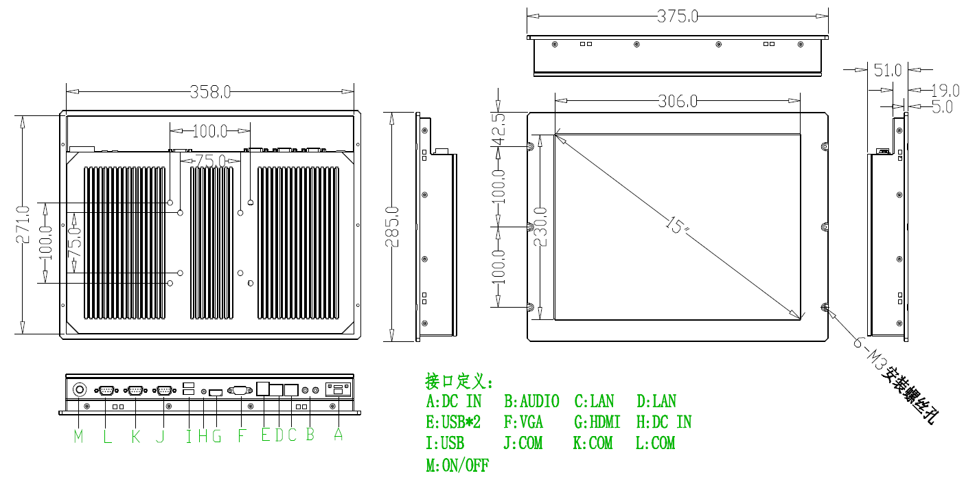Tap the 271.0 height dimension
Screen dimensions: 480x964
(x=22, y=225)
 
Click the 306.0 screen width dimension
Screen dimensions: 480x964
(x=677, y=102)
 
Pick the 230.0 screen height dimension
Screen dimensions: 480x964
(x=540, y=227)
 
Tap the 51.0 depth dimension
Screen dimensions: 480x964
(x=887, y=70)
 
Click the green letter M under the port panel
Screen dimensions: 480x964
(x=78, y=436)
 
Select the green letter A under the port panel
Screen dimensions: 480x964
(x=338, y=434)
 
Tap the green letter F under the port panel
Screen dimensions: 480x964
(x=241, y=435)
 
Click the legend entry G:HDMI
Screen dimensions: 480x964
(x=597, y=422)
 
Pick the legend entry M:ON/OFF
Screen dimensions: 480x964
(x=457, y=465)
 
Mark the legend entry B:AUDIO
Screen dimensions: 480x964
(x=531, y=401)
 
